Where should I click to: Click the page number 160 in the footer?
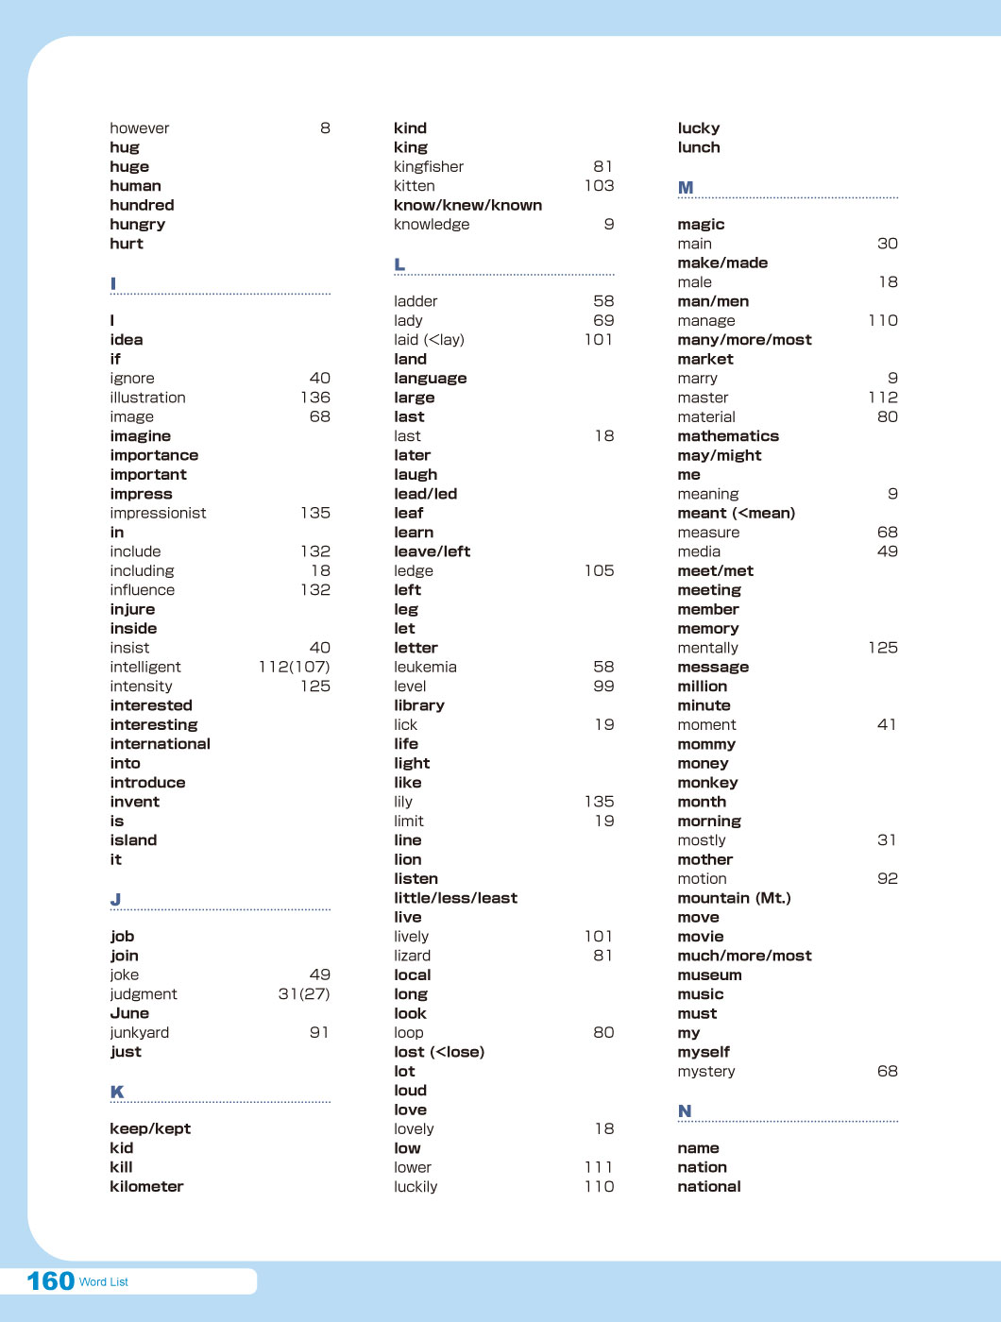51,1280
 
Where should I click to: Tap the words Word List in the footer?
104,1282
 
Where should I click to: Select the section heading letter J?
115,899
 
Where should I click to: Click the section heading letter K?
117,1092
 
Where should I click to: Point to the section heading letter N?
685,1111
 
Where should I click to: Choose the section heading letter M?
686,188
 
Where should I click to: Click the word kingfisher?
429,167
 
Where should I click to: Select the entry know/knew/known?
467,205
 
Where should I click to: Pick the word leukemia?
425,667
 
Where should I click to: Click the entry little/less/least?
455,898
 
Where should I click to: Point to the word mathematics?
728,436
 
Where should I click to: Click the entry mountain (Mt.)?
734,898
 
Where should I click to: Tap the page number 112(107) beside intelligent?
295,667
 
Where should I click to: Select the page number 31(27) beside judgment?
304,994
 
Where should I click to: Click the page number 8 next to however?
325,128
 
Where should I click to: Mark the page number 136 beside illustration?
315,398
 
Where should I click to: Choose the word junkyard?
140,1033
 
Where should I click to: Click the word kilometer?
146,1187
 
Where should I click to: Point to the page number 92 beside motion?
887,879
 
